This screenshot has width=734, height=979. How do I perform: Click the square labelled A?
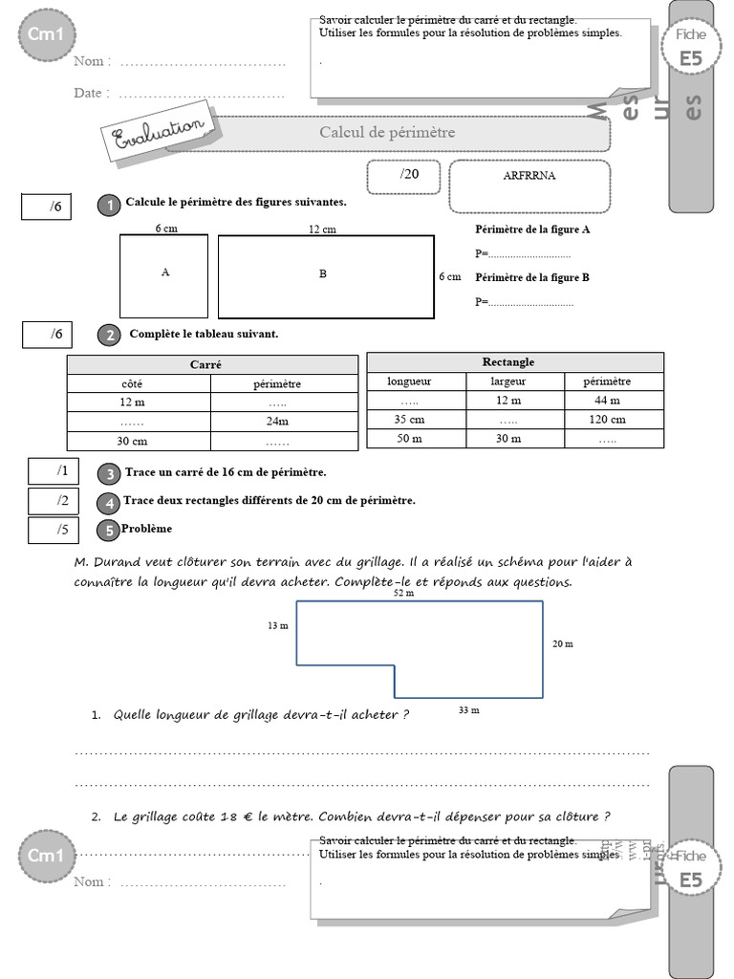point(163,275)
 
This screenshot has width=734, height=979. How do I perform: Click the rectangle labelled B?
point(325,275)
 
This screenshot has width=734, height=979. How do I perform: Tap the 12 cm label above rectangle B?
point(322,229)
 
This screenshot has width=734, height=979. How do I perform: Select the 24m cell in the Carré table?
point(277,422)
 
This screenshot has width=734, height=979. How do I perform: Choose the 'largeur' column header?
point(508,381)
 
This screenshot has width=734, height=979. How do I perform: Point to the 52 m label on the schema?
point(404,593)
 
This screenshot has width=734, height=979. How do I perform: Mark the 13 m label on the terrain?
point(278,626)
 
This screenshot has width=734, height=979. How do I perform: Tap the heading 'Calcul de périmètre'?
point(387,132)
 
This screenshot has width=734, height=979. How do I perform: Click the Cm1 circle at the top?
point(47,34)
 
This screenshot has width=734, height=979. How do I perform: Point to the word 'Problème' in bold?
point(147,528)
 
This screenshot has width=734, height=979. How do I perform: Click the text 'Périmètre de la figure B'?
point(531,277)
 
